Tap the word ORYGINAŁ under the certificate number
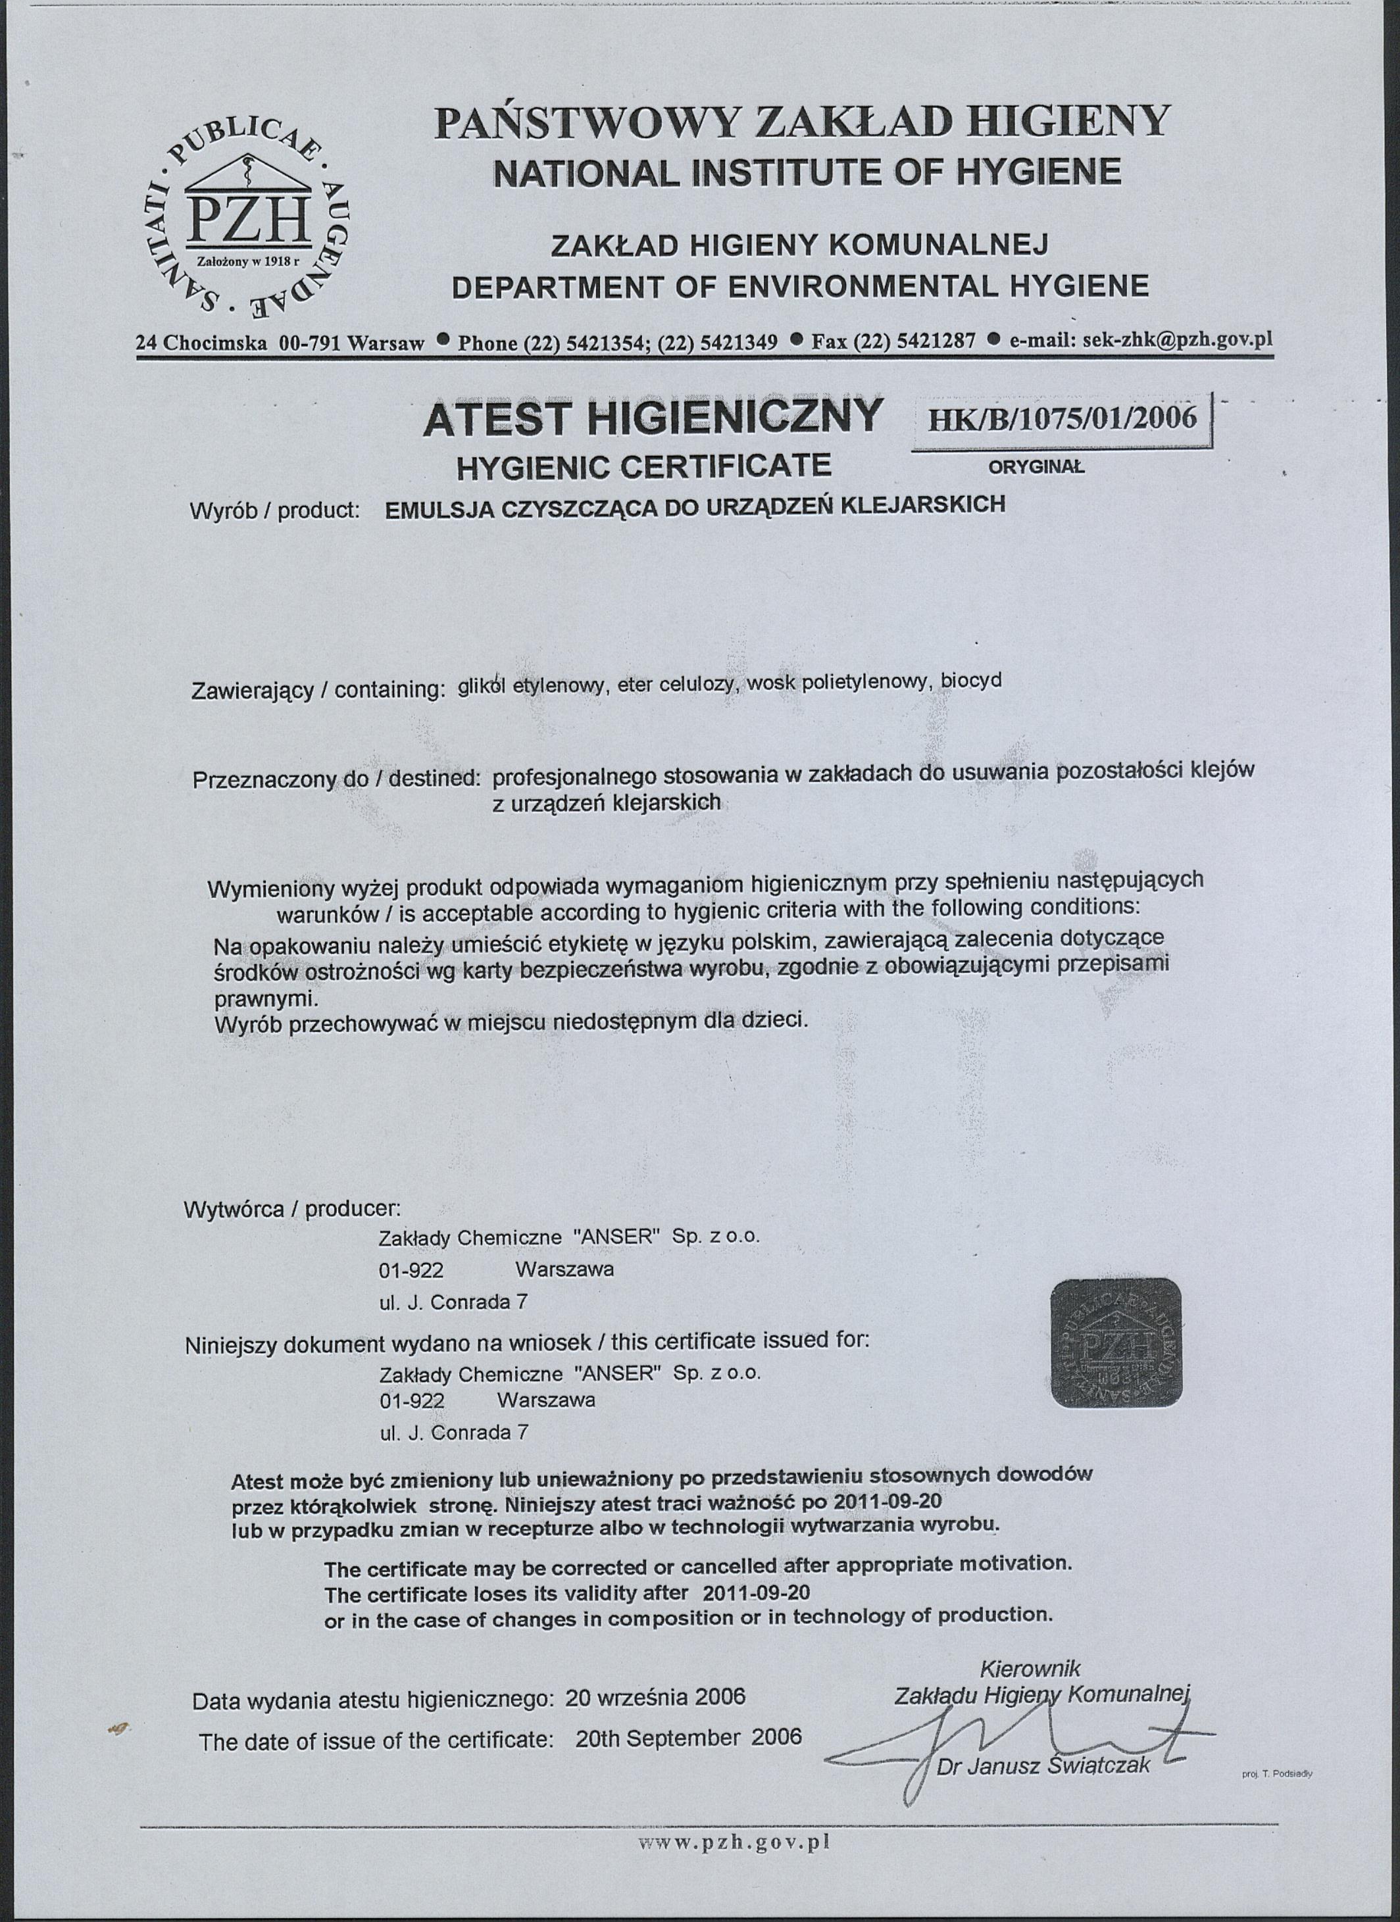click(1036, 466)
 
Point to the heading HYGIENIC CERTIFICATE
click(644, 465)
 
